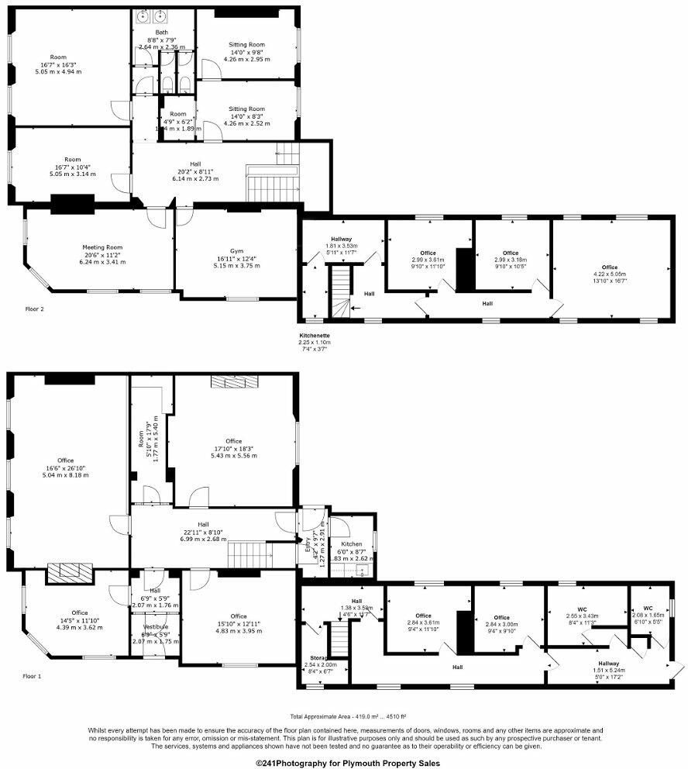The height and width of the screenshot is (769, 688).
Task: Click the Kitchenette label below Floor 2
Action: [315, 336]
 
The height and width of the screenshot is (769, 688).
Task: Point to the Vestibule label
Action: [156, 627]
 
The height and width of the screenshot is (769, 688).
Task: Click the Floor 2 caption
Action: [36, 309]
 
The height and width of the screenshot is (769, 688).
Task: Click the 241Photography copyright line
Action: [343, 763]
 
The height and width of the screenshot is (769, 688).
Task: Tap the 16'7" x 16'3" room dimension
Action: [59, 64]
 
